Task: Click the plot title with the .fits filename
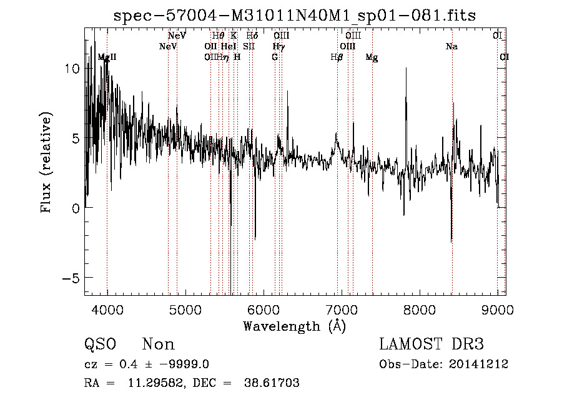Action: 294,16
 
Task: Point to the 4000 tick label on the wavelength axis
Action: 107,310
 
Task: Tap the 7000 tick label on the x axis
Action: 342,310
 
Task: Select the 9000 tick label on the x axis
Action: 498,310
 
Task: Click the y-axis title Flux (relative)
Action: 46,163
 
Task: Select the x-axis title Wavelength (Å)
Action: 294,326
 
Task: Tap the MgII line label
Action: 107,57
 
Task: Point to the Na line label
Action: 451,46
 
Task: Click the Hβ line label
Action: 337,57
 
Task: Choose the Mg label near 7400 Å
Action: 372,57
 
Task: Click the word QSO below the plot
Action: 100,344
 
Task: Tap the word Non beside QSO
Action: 159,344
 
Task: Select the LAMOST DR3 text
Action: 431,344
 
